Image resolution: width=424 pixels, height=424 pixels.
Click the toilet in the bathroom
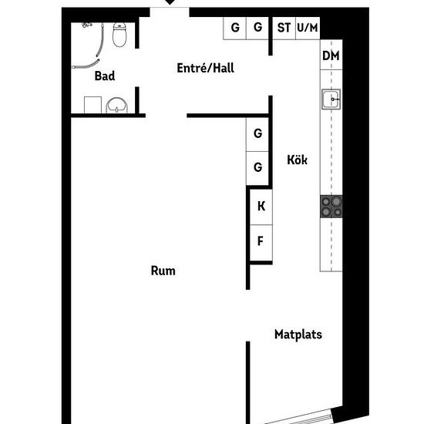click(119, 35)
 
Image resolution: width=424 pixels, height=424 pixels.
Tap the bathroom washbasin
click(116, 105)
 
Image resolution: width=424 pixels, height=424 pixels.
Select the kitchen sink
click(331, 99)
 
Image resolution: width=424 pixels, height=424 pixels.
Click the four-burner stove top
click(331, 207)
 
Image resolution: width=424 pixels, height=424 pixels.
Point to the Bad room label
click(105, 76)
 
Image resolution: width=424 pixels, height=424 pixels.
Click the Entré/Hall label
click(205, 68)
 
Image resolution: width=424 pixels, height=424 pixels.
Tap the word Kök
click(297, 160)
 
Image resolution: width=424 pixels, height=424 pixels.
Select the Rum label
click(163, 271)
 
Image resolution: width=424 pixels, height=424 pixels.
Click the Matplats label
click(298, 335)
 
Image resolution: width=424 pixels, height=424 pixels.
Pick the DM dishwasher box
click(331, 55)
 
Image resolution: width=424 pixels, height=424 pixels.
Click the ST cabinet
click(284, 28)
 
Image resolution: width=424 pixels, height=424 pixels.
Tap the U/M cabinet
click(308, 28)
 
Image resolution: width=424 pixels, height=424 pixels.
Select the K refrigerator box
click(261, 207)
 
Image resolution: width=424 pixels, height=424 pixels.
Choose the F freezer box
click(261, 243)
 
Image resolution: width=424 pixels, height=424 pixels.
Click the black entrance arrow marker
click(170, 2)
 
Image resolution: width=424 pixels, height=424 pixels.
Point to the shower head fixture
click(86, 25)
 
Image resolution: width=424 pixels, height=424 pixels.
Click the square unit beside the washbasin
click(93, 105)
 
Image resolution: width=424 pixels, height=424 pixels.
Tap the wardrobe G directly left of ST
click(257, 28)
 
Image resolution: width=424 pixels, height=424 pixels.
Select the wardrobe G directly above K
click(257, 168)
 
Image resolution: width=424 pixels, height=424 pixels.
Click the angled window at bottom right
click(299, 418)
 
